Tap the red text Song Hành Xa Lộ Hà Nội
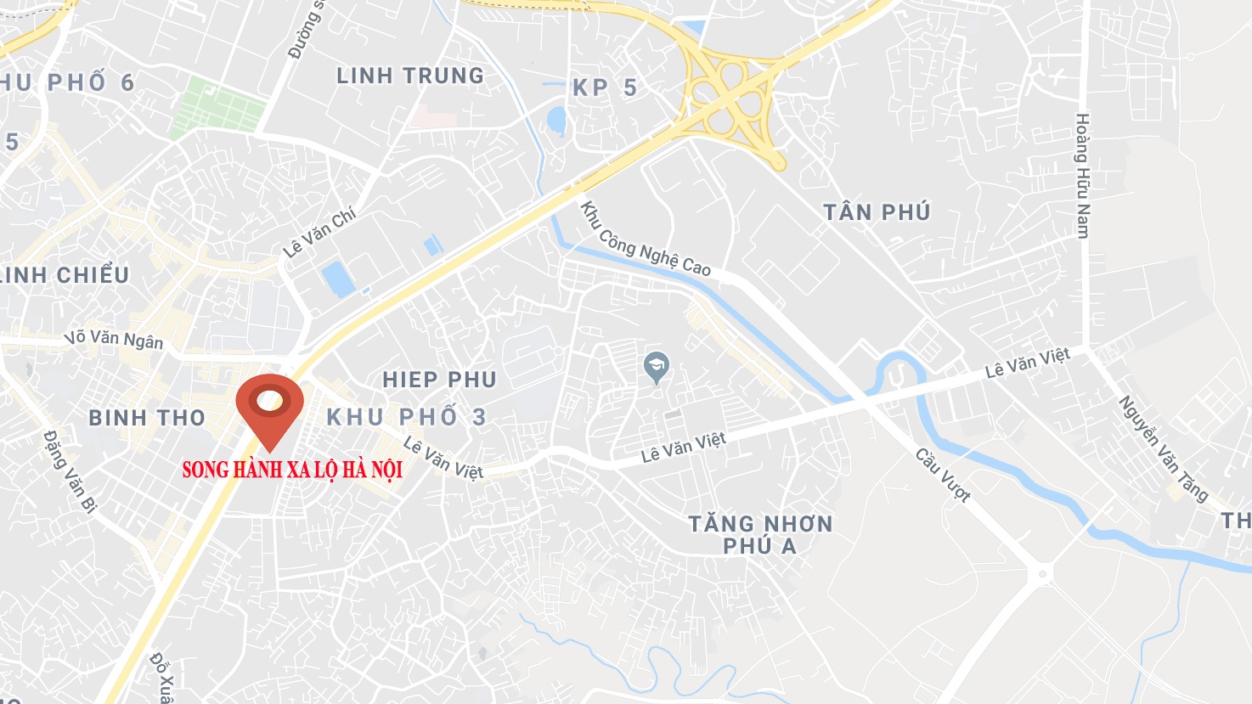pyautogui.click(x=292, y=470)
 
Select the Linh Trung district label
pyautogui.click(x=410, y=76)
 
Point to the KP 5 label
pyautogui.click(x=605, y=87)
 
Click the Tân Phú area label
pyautogui.click(x=877, y=212)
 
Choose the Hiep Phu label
pyautogui.click(x=439, y=380)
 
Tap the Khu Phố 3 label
pyautogui.click(x=407, y=417)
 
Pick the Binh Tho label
pyautogui.click(x=147, y=418)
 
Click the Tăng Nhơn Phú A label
pyautogui.click(x=760, y=534)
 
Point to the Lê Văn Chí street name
pyautogui.click(x=319, y=232)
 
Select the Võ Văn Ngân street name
pyautogui.click(x=114, y=339)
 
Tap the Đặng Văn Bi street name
pyautogui.click(x=70, y=471)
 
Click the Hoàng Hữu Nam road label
pyautogui.click(x=1082, y=175)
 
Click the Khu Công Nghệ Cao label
pyautogui.click(x=645, y=239)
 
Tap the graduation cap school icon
pyautogui.click(x=657, y=367)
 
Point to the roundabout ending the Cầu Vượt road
pyautogui.click(x=1041, y=575)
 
